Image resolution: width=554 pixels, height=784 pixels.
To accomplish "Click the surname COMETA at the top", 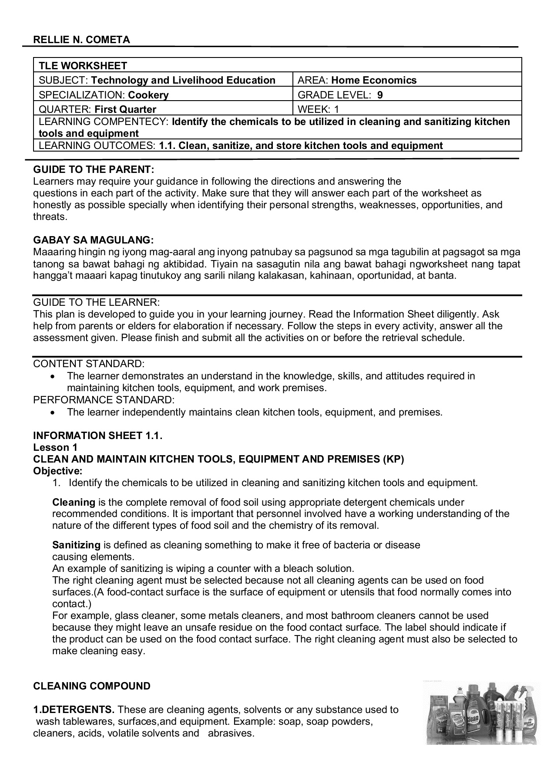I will coord(110,40).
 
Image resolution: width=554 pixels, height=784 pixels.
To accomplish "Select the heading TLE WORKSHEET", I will coord(83,66).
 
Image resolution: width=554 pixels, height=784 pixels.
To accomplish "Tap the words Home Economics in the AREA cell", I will coord(374,80).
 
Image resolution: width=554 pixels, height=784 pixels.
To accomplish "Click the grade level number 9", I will coord(380,95).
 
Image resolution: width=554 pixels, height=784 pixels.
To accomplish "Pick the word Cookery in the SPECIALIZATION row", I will coord(148,95).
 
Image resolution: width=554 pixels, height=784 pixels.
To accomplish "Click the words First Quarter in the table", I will coord(125,109).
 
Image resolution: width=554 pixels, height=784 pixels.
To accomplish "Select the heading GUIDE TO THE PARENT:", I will coord(94,169).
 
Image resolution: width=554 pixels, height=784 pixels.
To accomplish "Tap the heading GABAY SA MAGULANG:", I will coord(93,240).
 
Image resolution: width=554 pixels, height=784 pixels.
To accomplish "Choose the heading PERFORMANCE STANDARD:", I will coord(104,400).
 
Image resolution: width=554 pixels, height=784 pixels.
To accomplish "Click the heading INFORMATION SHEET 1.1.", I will coord(97,436).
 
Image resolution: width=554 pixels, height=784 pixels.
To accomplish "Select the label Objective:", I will coord(57,471).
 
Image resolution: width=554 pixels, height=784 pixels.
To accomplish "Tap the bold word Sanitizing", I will coord(76,545).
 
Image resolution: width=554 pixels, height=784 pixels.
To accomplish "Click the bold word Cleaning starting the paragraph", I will coord(74,502).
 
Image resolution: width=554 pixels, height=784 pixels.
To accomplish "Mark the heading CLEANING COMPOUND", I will coord(92,686).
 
